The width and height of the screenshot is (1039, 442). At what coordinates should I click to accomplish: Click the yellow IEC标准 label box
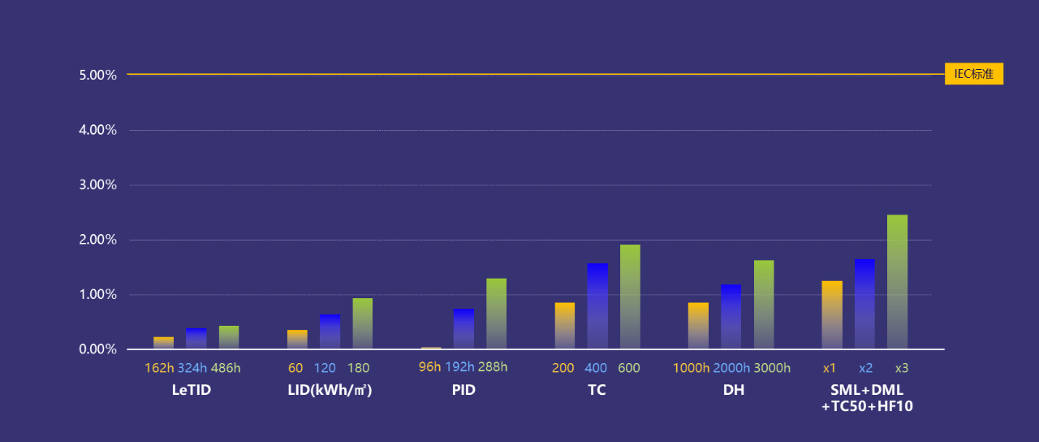coord(974,74)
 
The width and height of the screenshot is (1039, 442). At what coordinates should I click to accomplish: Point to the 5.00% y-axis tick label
coord(98,75)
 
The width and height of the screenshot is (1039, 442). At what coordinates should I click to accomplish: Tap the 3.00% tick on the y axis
coord(98,185)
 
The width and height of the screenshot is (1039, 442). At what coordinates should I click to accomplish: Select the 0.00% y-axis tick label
coord(98,349)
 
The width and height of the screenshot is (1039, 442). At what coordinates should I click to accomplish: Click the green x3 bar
coord(897,282)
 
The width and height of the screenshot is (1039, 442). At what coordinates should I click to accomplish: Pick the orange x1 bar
coord(832,315)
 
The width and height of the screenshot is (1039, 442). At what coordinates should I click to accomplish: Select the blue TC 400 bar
coord(597,306)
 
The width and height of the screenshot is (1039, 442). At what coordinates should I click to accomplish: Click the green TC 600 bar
coord(630,297)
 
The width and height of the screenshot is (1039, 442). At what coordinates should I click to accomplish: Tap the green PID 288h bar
coord(496,314)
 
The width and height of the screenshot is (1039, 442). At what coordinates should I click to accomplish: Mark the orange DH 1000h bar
coord(698,326)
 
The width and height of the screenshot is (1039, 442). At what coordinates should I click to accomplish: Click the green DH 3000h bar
coord(764,305)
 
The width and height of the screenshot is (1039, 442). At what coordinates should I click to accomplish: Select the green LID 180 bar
coord(362,323)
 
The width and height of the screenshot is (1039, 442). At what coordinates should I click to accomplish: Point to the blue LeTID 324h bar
coord(196,339)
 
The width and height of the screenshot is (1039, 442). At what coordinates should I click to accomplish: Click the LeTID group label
coord(192,390)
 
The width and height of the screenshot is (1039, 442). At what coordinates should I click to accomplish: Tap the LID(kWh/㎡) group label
coord(330,390)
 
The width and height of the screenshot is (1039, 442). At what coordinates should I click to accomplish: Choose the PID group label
coord(463,390)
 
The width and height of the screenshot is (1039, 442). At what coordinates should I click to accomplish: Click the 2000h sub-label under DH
coord(731,368)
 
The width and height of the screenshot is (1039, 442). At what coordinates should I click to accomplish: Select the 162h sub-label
coord(159,368)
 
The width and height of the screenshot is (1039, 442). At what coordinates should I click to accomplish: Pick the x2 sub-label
coord(866,368)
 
